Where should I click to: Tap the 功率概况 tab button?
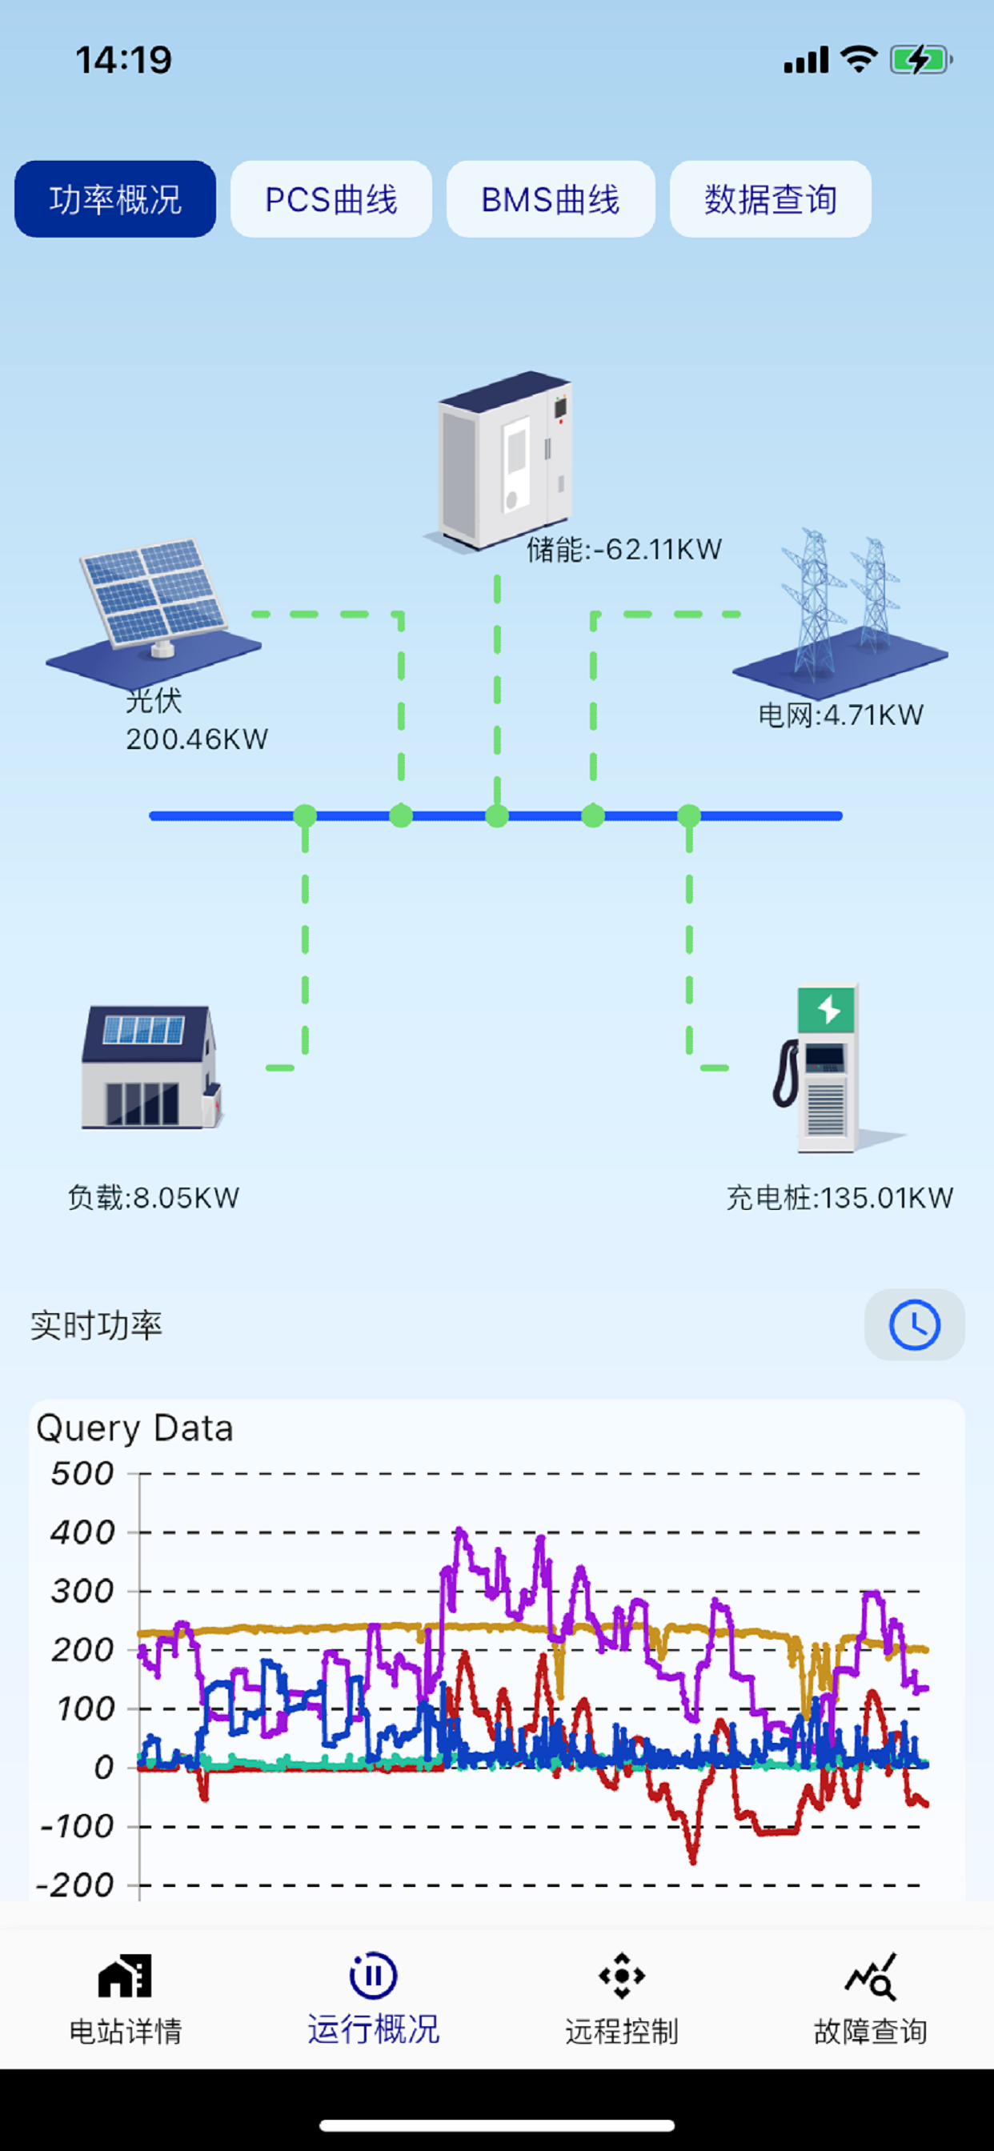[115, 199]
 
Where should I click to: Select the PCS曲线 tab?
[331, 199]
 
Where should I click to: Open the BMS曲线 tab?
[550, 199]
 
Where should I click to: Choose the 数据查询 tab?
[770, 199]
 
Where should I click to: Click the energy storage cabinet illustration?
[504, 459]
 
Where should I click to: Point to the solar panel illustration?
[154, 606]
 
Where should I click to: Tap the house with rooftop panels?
[150, 1067]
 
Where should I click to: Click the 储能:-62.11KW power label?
[624, 550]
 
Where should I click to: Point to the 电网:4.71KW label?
[840, 715]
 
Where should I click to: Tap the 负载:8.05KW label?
[154, 1197]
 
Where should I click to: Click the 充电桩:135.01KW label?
[840, 1197]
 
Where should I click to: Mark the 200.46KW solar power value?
[197, 739]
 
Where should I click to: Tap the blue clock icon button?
[914, 1324]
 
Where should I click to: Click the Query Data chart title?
[134, 1428]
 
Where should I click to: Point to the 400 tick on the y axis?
[82, 1532]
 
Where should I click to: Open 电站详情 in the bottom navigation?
[126, 1992]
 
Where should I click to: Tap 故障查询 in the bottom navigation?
[871, 1992]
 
